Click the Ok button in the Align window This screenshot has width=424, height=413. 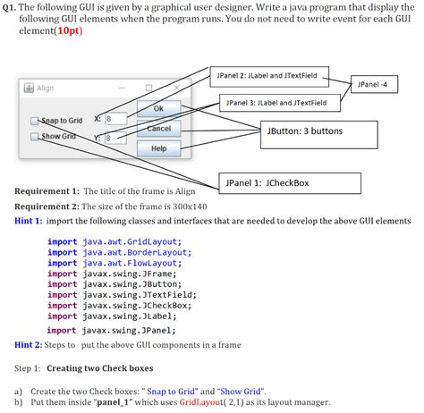point(158,109)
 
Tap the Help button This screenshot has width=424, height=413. point(158,147)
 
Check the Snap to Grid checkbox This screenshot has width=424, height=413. point(35,121)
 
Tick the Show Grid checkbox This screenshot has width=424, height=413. point(35,137)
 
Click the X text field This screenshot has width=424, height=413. point(114,119)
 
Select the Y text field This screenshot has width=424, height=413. point(114,138)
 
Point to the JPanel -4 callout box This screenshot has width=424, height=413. point(372,85)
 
